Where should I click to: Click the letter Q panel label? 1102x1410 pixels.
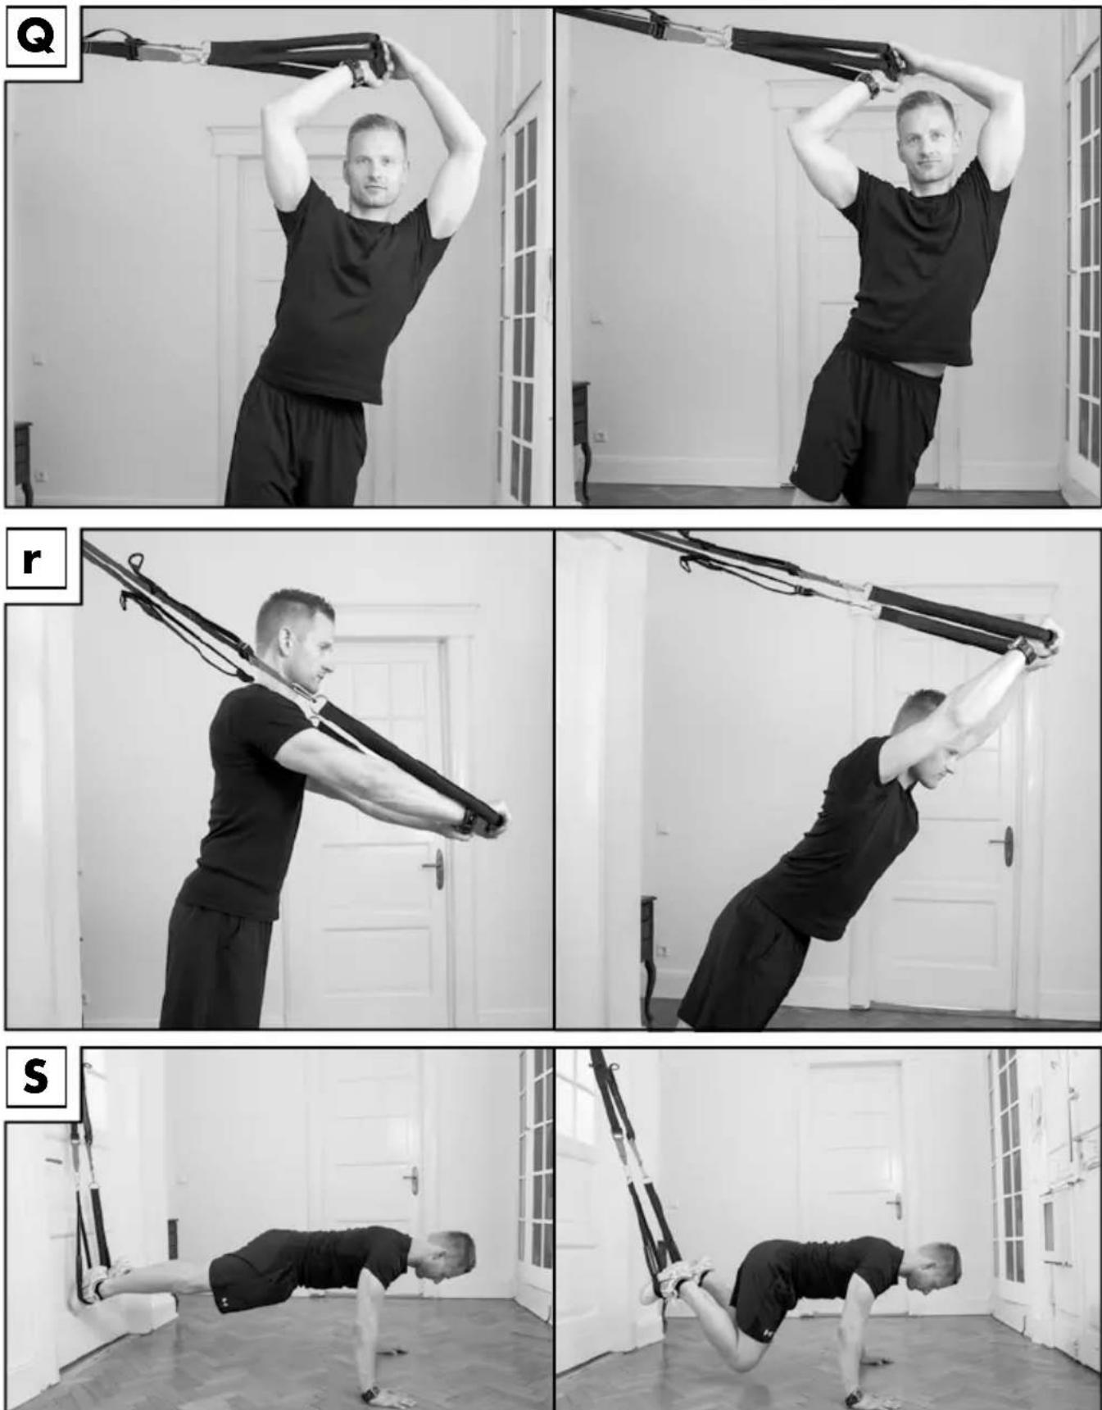[36, 36]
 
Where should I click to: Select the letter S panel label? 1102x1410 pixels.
[35, 1076]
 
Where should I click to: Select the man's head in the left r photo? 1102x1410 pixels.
[293, 639]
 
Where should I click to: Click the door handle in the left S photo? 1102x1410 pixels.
[411, 1180]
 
